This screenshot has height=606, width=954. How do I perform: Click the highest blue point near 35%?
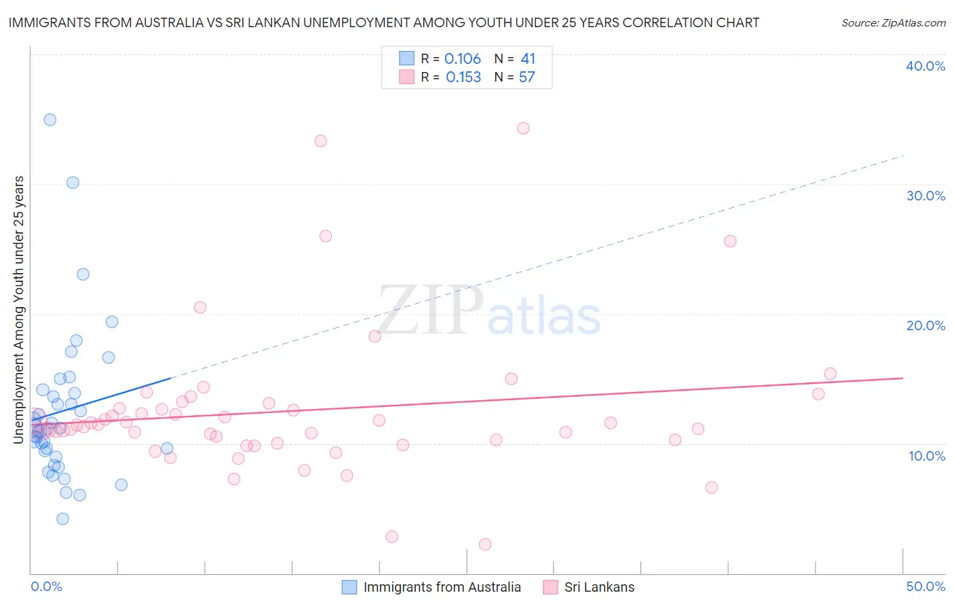[x=50, y=120]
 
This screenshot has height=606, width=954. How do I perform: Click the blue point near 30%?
[x=73, y=183]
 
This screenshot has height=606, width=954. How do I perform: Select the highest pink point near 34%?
[x=523, y=128]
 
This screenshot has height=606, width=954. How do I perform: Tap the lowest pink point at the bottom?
[x=485, y=544]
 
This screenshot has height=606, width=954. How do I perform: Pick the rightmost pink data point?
[x=830, y=374]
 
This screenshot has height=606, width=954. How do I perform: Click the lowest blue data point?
[x=62, y=519]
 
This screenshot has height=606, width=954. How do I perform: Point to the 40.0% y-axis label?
[x=926, y=66]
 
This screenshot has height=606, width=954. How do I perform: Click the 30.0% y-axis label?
[x=926, y=196]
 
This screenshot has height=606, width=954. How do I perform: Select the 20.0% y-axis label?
[x=926, y=325]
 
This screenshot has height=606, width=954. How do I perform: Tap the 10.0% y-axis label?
[x=927, y=456]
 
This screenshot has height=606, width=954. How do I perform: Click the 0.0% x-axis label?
[x=46, y=586]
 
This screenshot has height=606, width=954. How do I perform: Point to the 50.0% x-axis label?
[x=926, y=586]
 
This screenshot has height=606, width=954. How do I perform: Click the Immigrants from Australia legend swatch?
[x=349, y=587]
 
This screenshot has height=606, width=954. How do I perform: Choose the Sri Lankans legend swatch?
[x=550, y=587]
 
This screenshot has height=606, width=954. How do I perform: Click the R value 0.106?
[x=463, y=59]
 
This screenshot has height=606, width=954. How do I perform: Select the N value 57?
[x=527, y=77]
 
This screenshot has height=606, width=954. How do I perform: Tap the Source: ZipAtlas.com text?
[x=893, y=23]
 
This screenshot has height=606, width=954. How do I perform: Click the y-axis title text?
[x=19, y=310]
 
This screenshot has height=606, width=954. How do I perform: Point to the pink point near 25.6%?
[x=730, y=241]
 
